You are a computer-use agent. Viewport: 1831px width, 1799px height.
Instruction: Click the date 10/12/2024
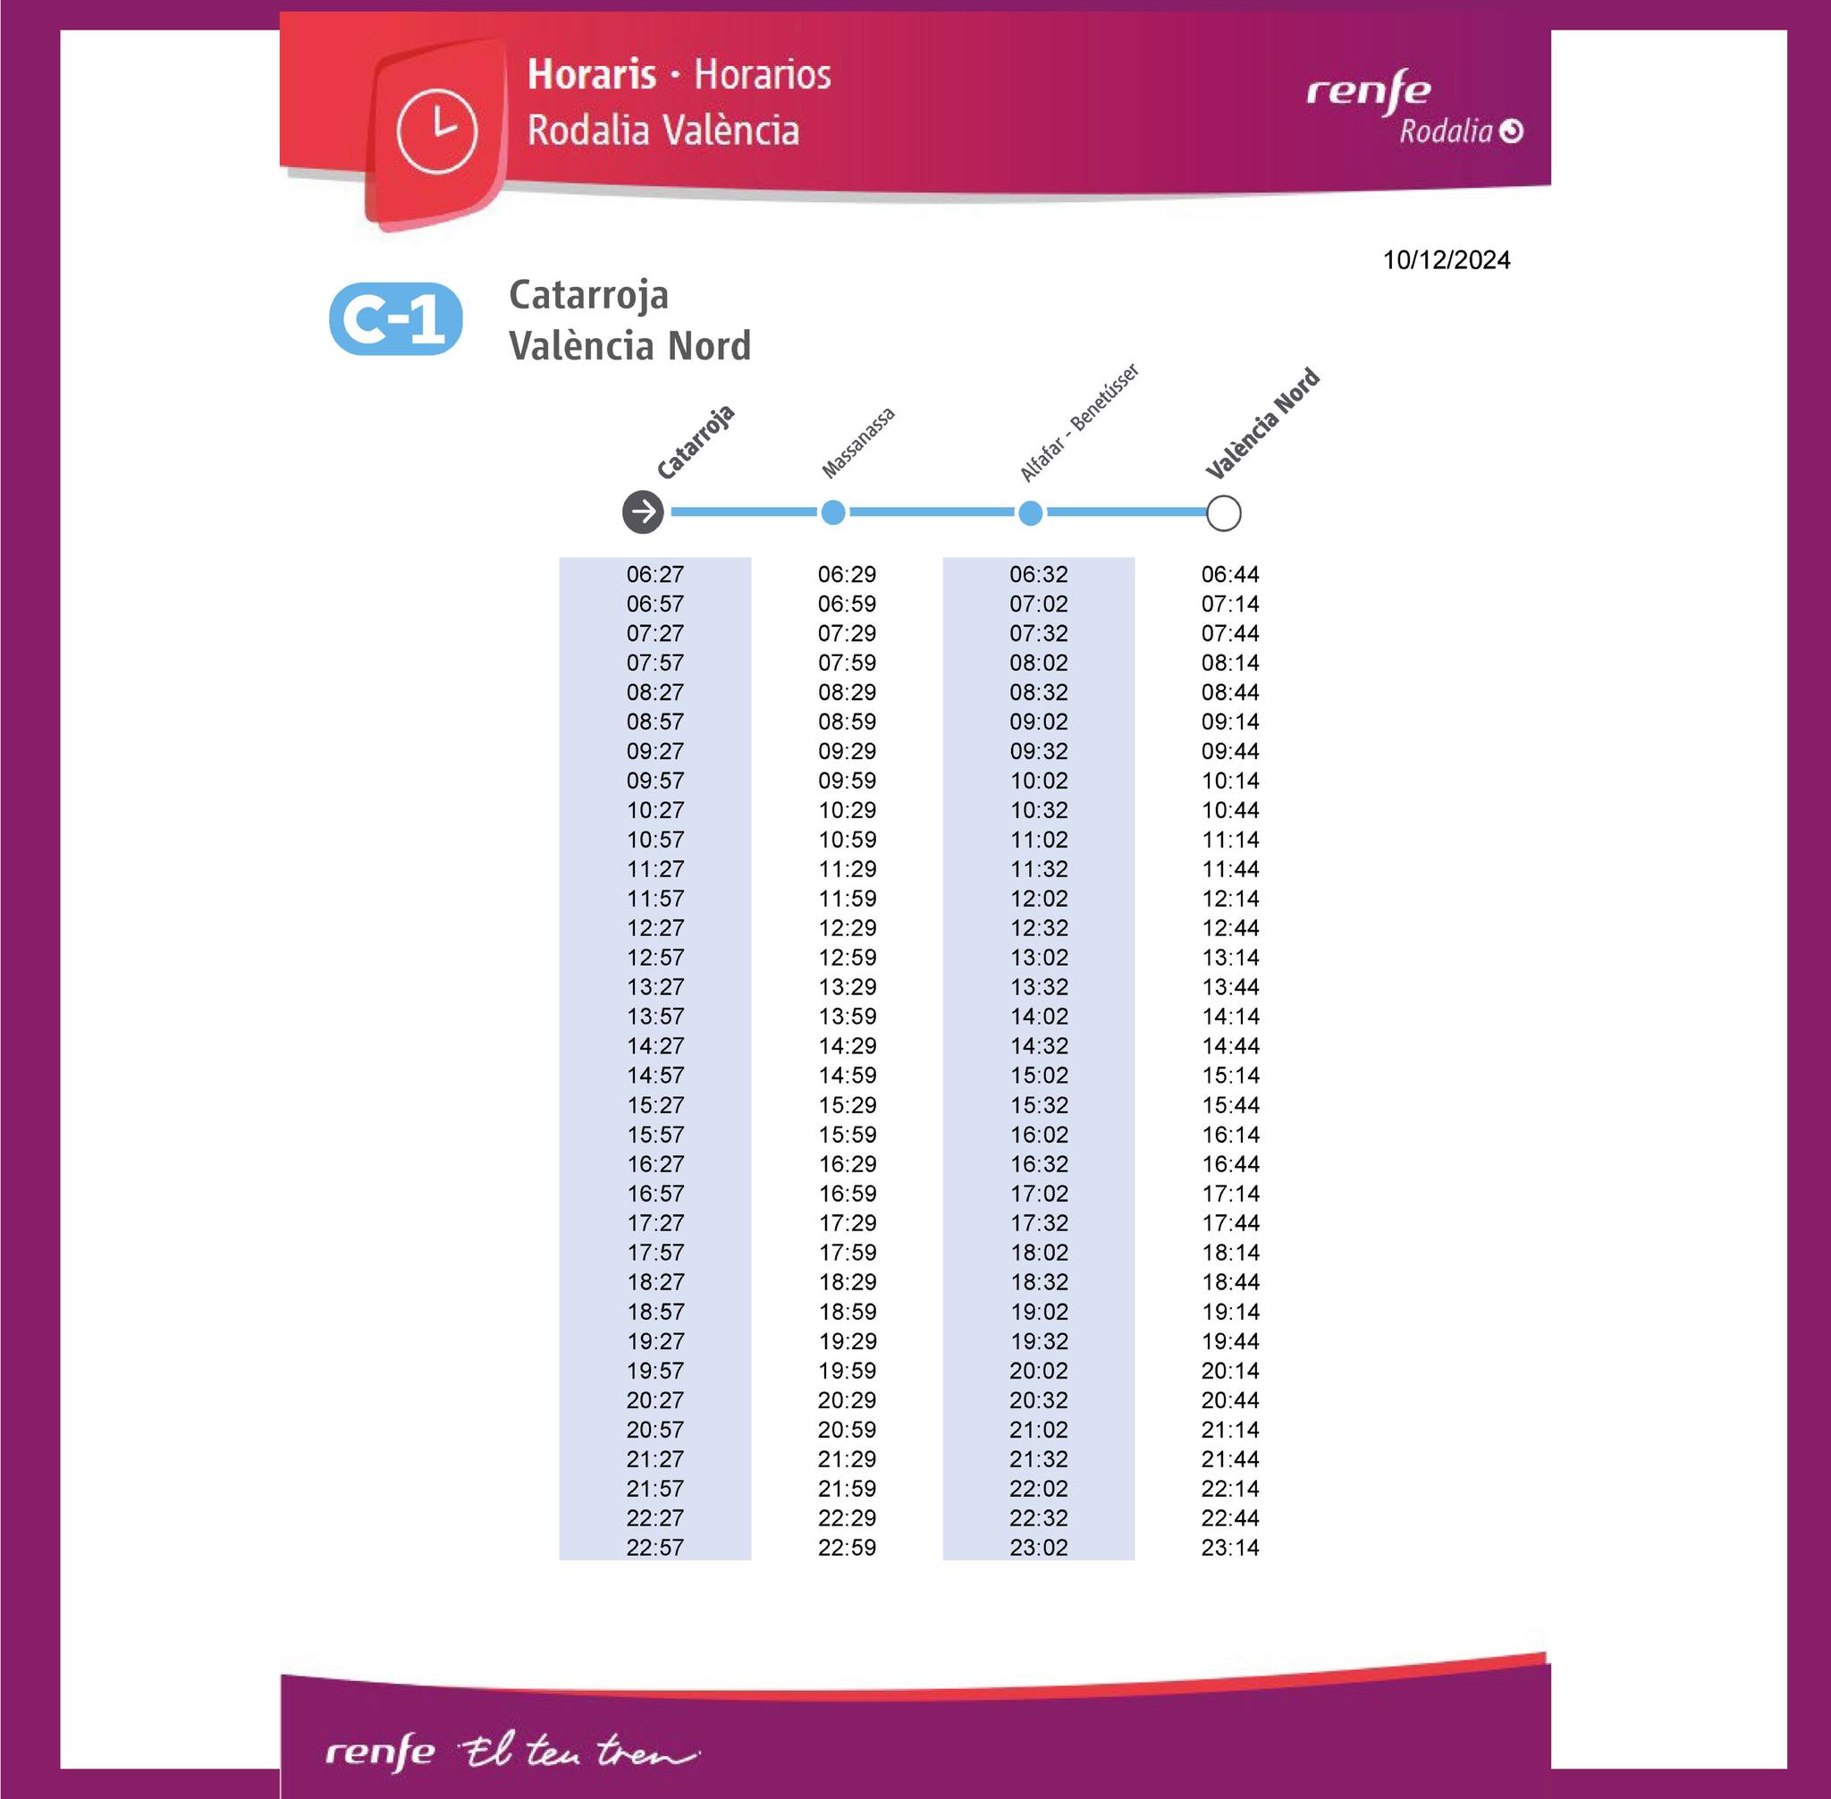pos(1446,260)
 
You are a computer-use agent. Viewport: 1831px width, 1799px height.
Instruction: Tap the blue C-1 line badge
pos(396,319)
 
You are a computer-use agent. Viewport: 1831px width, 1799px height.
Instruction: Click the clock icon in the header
pos(436,131)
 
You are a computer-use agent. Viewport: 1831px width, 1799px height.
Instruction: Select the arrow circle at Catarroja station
pos(644,512)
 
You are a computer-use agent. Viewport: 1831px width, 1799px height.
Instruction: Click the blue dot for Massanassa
pos(833,512)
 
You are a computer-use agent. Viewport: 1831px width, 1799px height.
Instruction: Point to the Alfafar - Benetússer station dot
pos(1031,513)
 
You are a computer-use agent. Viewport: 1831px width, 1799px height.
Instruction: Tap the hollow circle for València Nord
pos(1224,513)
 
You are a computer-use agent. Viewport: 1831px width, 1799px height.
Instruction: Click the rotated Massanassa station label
pos(858,443)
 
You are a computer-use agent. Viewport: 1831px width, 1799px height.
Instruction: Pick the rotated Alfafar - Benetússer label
pos(1079,421)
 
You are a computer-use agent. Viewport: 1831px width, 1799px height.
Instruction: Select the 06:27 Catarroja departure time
pos(654,573)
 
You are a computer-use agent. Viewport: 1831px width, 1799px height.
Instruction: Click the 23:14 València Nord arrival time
pos(1230,1547)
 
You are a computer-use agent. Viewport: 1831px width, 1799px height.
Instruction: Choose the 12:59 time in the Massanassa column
pos(847,957)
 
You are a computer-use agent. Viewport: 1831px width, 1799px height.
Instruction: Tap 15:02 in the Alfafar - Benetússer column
pos(1038,1076)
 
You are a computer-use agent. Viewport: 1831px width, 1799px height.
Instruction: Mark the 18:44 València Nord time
pos(1230,1282)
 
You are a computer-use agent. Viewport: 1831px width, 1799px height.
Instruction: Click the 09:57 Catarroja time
pos(654,781)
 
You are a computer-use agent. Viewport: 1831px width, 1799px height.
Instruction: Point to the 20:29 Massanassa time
pos(847,1400)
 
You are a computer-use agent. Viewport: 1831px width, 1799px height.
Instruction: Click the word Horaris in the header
pos(592,74)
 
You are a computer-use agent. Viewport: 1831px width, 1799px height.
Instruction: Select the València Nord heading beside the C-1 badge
pos(629,346)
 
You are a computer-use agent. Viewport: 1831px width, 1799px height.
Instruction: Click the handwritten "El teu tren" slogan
pos(578,1753)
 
